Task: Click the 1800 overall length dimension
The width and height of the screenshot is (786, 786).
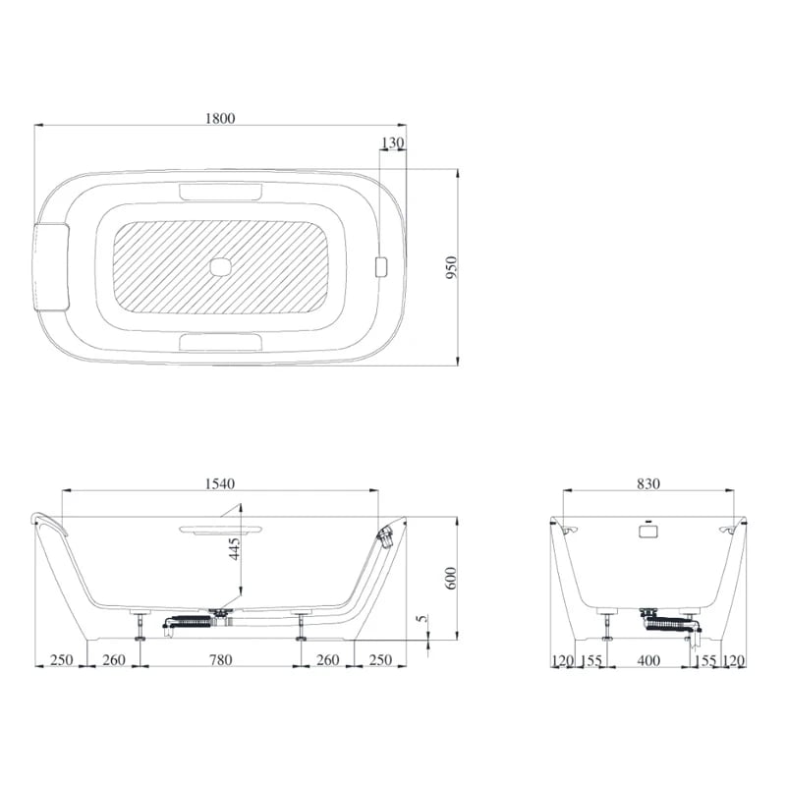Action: point(220,118)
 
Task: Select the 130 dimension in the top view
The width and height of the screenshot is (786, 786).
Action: point(391,143)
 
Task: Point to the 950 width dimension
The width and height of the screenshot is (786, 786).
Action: point(451,267)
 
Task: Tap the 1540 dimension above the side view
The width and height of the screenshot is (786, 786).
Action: point(220,483)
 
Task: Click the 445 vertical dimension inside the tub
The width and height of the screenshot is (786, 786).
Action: point(234,563)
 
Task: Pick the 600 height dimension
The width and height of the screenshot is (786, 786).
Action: point(451,580)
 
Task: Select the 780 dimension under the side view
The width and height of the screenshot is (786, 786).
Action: point(220,659)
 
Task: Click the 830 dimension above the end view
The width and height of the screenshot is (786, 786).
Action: point(647,483)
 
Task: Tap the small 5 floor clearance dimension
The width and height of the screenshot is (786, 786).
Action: point(421,619)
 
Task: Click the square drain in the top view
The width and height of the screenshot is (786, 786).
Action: point(221,266)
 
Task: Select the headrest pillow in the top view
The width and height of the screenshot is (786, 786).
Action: point(50,266)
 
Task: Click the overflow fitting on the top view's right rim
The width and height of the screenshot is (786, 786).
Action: point(383,266)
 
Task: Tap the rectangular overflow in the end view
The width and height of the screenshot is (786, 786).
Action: point(647,531)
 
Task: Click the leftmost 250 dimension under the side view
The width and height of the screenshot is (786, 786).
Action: point(62,659)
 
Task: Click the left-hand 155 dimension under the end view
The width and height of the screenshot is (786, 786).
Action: point(591,661)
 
